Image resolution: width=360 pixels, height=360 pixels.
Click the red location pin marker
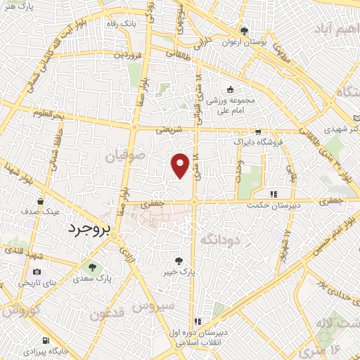(x=181, y=165)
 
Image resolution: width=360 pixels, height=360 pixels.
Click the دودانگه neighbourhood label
(x=221, y=240)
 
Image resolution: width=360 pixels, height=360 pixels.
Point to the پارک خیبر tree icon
(x=186, y=259)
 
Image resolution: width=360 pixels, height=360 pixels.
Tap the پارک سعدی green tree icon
(x=91, y=266)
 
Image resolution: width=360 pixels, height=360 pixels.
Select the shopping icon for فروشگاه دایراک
(x=258, y=131)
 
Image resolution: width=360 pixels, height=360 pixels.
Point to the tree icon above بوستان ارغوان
(x=244, y=31)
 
